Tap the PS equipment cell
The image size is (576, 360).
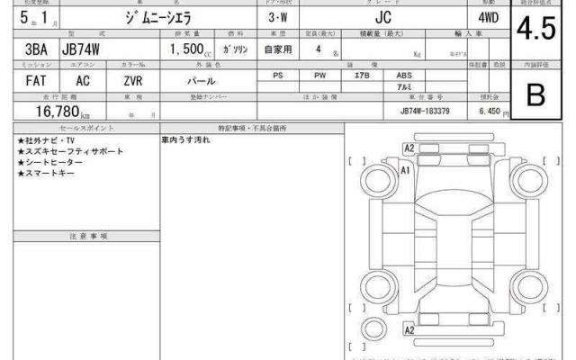point(279,76)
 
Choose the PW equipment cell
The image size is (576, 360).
point(319,76)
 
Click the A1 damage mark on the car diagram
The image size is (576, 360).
point(405,169)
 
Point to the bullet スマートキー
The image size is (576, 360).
point(50,173)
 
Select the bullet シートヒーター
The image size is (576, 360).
point(54,162)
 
